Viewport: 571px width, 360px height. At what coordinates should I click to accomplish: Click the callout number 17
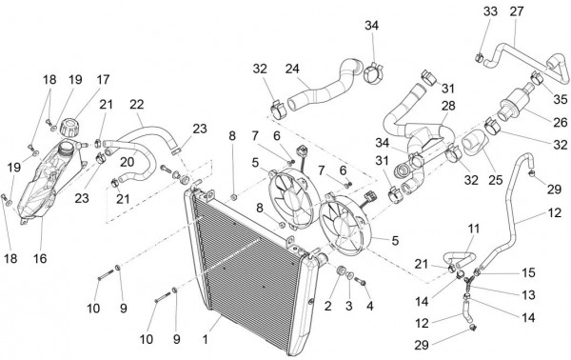pyautogui.click(x=103, y=79)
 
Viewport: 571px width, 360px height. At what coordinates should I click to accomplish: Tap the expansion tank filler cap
pyautogui.click(x=69, y=128)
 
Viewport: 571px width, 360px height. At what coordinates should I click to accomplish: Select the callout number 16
pyautogui.click(x=40, y=258)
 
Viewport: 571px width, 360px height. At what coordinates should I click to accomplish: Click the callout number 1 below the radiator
pyautogui.click(x=206, y=340)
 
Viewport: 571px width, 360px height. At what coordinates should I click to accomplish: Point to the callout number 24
pyautogui.click(x=292, y=69)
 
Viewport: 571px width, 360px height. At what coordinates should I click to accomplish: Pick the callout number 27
pyautogui.click(x=517, y=11)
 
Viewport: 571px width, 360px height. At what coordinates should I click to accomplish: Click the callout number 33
pyautogui.click(x=490, y=11)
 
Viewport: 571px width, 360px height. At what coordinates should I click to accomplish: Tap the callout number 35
pyautogui.click(x=561, y=99)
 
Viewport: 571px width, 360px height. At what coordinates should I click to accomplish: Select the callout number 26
pyautogui.click(x=561, y=122)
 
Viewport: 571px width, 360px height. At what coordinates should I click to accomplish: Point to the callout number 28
pyautogui.click(x=448, y=106)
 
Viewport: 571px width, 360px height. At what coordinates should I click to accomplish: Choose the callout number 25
pyautogui.click(x=495, y=180)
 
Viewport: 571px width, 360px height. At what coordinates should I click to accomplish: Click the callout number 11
pyautogui.click(x=473, y=229)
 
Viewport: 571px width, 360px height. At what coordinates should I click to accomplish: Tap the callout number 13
pyautogui.click(x=528, y=294)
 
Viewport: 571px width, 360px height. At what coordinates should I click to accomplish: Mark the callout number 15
pyautogui.click(x=528, y=272)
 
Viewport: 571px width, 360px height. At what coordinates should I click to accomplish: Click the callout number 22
pyautogui.click(x=136, y=104)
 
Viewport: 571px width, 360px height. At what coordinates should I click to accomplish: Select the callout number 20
pyautogui.click(x=128, y=162)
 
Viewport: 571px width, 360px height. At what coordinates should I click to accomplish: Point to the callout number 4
pyautogui.click(x=370, y=306)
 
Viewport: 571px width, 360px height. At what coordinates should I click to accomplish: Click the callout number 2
pyautogui.click(x=328, y=306)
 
